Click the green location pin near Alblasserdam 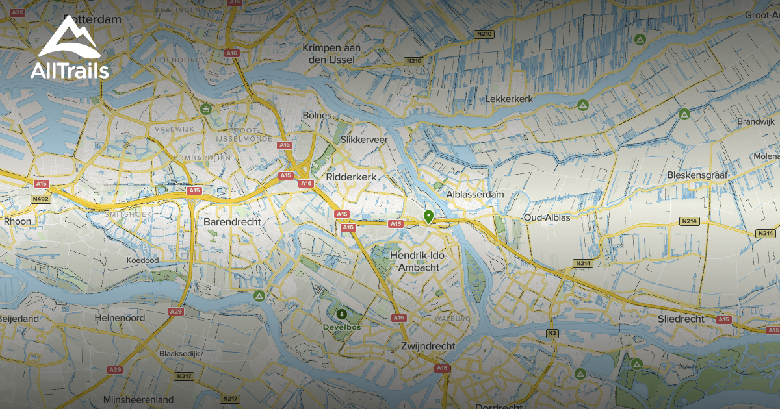coord(428,216)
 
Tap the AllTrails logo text coord(70,70)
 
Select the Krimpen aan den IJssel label coord(331,54)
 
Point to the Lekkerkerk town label coord(509,99)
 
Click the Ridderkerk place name coord(352,176)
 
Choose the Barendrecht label coord(232,221)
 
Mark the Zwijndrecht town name coord(428,346)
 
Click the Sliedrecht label coord(681,319)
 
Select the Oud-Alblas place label coord(547,217)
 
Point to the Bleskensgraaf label coord(697,175)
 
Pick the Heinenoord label coord(119,319)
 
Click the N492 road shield coord(40,199)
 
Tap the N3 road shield coord(552,334)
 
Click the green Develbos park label coord(342,327)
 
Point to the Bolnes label coord(317,115)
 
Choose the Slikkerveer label coord(364,140)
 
